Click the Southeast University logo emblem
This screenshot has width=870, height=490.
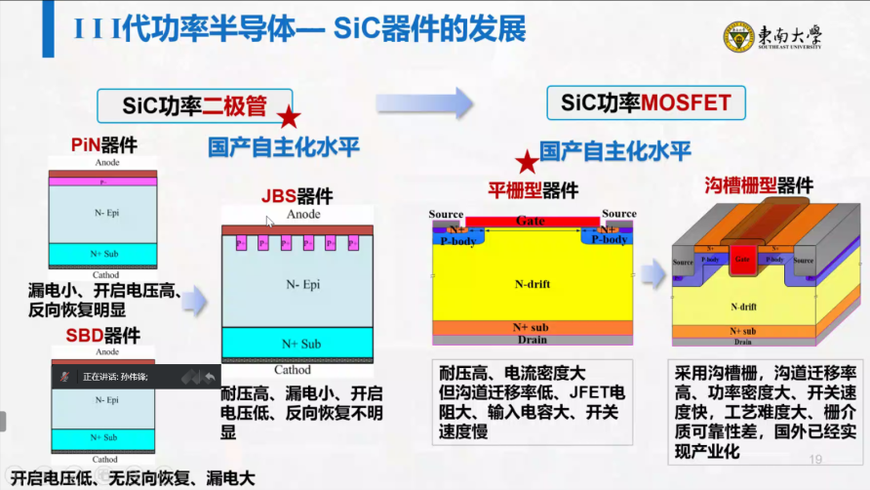[x=738, y=36]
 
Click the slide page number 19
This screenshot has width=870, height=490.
[x=815, y=459]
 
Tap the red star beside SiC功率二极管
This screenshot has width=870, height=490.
[x=289, y=118]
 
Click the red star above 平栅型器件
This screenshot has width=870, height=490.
[x=527, y=162]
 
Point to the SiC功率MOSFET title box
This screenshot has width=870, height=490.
[x=646, y=102]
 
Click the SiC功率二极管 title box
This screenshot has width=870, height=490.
[x=195, y=104]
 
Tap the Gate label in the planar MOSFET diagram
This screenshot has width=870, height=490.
[x=531, y=222]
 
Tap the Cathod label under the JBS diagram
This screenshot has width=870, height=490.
[x=293, y=371]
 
